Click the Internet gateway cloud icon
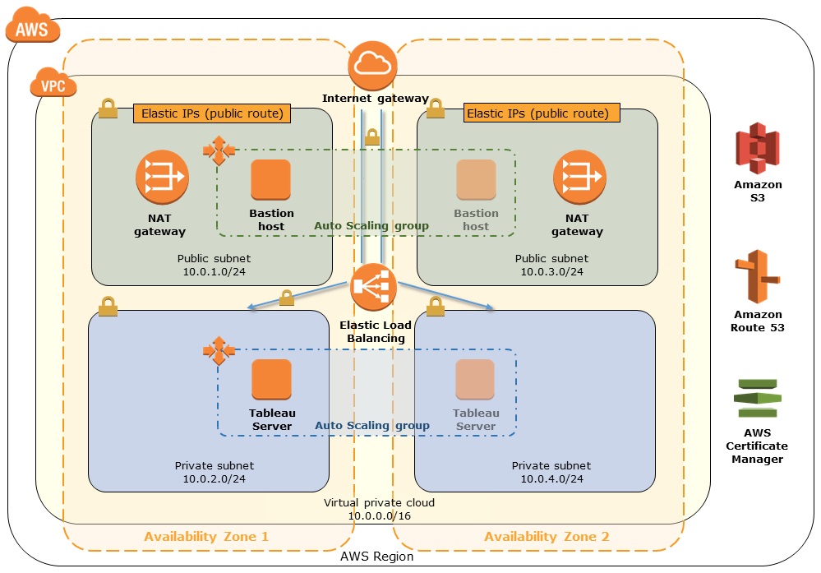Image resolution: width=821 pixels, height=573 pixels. [372, 66]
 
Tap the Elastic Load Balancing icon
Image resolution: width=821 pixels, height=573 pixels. [373, 288]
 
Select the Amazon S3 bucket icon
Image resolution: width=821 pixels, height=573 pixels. [757, 148]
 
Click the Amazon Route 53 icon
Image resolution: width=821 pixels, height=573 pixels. [757, 276]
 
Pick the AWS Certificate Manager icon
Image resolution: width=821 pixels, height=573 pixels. [757, 398]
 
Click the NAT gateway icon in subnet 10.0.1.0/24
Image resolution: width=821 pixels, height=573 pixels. [162, 178]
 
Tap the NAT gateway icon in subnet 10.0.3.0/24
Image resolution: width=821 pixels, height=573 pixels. [579, 178]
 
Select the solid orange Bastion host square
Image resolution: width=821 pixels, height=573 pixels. [270, 180]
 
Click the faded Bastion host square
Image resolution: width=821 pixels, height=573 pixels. [476, 180]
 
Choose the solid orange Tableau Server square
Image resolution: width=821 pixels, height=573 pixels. [271, 379]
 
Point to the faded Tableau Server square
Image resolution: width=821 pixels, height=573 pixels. [475, 379]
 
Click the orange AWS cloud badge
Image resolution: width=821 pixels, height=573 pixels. [33, 25]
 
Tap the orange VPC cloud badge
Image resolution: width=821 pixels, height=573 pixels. [53, 83]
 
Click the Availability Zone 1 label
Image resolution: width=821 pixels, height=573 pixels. [206, 536]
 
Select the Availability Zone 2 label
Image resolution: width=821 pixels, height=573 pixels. [547, 536]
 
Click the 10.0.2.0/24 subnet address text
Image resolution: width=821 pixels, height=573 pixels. [214, 478]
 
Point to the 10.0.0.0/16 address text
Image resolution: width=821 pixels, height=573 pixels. [380, 516]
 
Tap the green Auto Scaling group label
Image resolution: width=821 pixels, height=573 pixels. [371, 226]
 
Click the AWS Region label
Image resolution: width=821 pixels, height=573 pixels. [377, 557]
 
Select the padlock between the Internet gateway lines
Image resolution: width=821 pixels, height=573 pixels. [372, 137]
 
